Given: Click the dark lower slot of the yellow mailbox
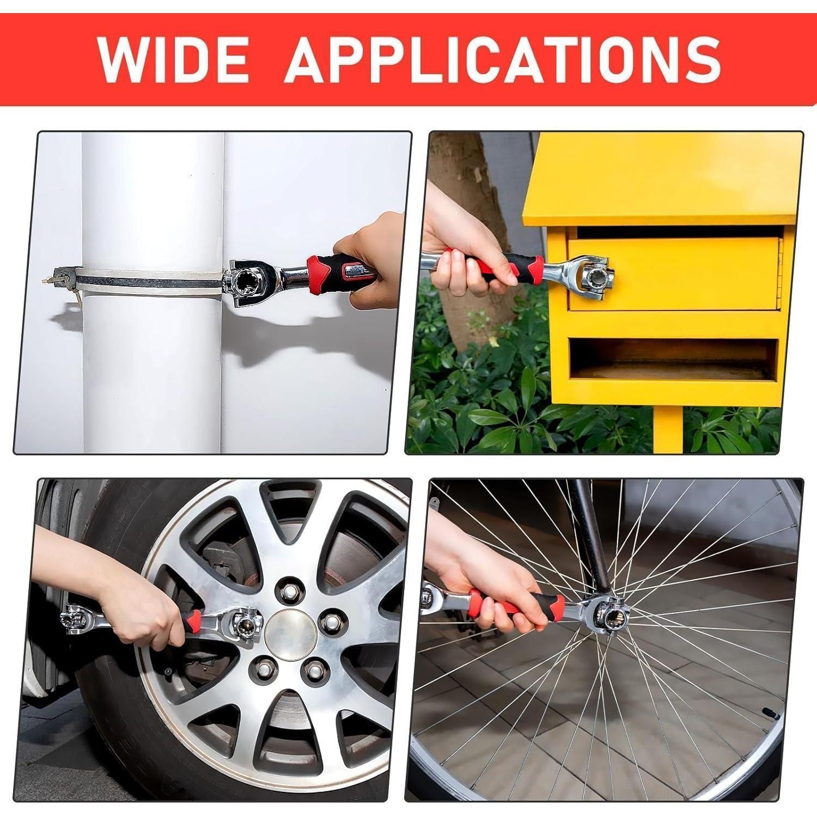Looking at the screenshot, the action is tap(674, 359).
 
